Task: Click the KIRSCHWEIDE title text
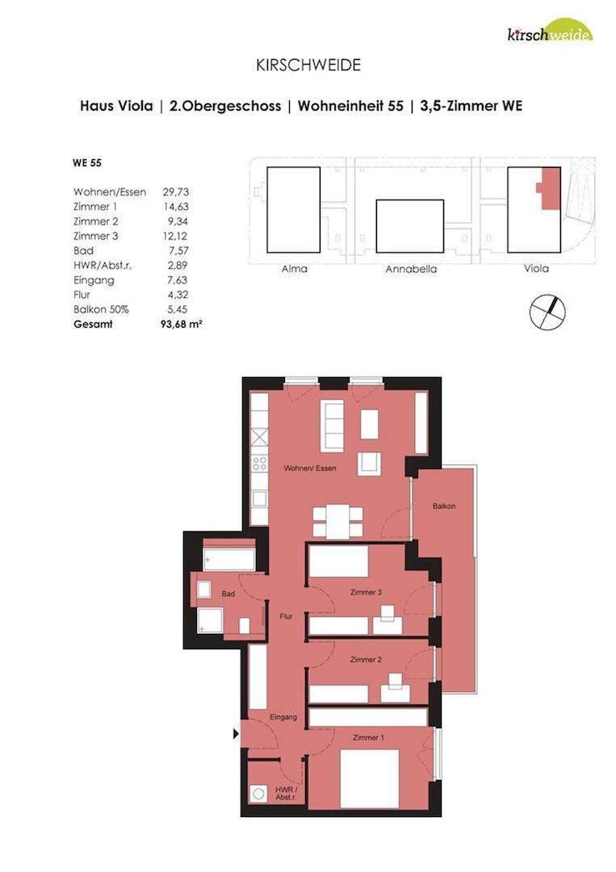click(x=308, y=65)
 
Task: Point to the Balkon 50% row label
click(x=101, y=309)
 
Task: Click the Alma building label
click(x=293, y=269)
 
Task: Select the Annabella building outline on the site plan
click(x=410, y=226)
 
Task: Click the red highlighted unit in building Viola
click(x=549, y=188)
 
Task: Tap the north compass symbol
click(x=547, y=312)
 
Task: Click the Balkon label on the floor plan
click(x=443, y=506)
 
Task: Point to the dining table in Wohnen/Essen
click(x=337, y=521)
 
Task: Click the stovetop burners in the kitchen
click(x=260, y=463)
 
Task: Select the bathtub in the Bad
click(x=228, y=559)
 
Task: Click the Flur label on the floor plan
click(x=285, y=616)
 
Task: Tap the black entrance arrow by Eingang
click(x=236, y=734)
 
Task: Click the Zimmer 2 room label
click(x=366, y=660)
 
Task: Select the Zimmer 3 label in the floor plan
click(x=366, y=592)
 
